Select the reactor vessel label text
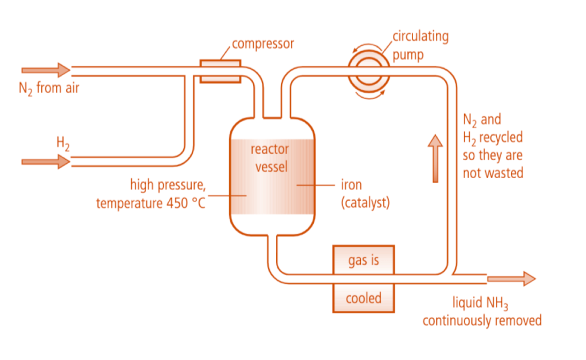click(x=270, y=157)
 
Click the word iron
click(x=351, y=185)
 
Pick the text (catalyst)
click(x=365, y=203)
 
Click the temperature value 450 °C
click(x=184, y=203)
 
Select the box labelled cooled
click(x=363, y=298)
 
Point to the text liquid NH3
click(x=482, y=302)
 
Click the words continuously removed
click(x=482, y=320)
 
